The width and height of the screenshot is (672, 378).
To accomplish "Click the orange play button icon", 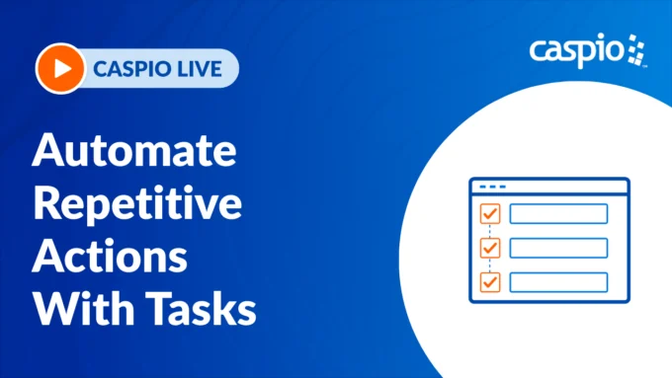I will click(x=59, y=68).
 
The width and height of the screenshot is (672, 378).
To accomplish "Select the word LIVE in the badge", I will click(x=206, y=68).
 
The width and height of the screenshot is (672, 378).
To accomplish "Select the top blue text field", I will click(x=558, y=214).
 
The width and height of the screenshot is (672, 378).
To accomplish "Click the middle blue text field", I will click(x=558, y=248).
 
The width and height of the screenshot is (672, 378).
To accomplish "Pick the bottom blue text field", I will click(x=558, y=281).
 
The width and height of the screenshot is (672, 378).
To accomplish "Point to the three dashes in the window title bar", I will click(x=491, y=186).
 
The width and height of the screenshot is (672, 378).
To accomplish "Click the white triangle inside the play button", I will click(x=60, y=68).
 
